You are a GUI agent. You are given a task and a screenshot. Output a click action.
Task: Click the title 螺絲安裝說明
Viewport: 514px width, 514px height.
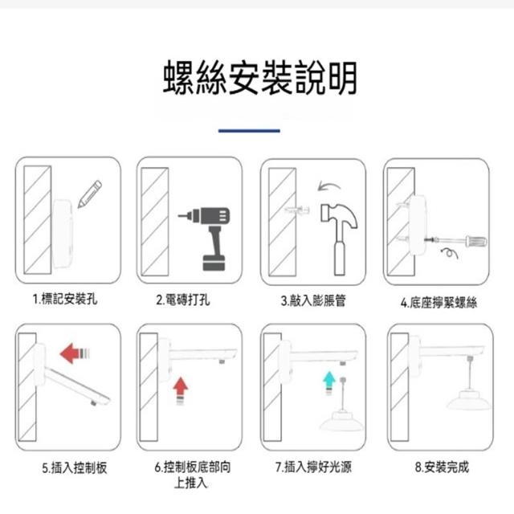pyautogui.click(x=260, y=78)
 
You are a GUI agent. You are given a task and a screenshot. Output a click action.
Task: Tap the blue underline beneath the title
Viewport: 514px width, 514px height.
pyautogui.click(x=249, y=130)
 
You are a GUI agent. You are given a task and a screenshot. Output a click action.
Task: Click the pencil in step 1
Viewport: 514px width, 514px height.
pyautogui.click(x=89, y=194)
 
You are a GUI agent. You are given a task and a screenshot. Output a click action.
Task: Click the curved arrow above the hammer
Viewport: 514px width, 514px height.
pyautogui.click(x=328, y=186)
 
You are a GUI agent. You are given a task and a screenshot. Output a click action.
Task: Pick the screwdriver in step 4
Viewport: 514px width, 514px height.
pyautogui.click(x=456, y=242)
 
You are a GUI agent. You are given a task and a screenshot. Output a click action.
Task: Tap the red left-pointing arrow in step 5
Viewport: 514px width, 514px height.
pyautogui.click(x=75, y=353)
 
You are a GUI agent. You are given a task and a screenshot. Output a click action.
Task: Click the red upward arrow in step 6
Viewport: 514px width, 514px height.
pyautogui.click(x=180, y=390)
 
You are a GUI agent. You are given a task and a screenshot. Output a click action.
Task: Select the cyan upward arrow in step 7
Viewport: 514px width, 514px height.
pyautogui.click(x=329, y=382)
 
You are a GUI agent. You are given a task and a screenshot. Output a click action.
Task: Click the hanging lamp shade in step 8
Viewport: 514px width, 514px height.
pyautogui.click(x=469, y=399)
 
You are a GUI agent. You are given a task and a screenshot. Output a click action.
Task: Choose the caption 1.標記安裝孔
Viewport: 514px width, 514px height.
pyautogui.click(x=65, y=299)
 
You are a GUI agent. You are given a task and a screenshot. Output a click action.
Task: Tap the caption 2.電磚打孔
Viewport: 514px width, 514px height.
pyautogui.click(x=183, y=300)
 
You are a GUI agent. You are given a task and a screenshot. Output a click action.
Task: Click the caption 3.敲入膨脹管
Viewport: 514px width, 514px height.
pyautogui.click(x=313, y=300)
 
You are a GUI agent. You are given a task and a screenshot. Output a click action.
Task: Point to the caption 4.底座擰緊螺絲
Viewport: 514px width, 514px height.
pyautogui.click(x=439, y=302)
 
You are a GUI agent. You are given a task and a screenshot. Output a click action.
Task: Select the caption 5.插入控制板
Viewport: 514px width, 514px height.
pyautogui.click(x=75, y=467)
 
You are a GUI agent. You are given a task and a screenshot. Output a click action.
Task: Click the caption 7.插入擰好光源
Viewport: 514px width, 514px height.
pyautogui.click(x=313, y=467)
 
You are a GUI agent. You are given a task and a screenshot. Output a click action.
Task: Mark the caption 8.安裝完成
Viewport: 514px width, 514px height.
pyautogui.click(x=442, y=467)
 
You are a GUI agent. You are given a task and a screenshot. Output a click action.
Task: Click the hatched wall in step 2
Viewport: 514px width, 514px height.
pyautogui.click(x=155, y=222)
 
